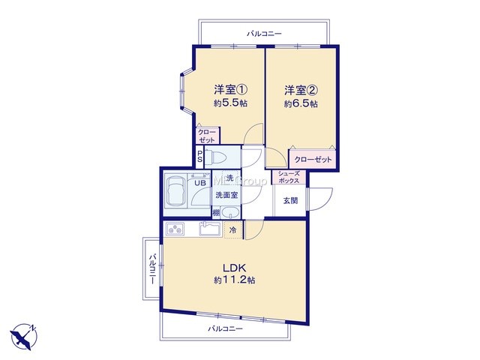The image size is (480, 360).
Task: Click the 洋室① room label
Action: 230,90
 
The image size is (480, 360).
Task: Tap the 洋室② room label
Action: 301,90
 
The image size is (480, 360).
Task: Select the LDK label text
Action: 234,268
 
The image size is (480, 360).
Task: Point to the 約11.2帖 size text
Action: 235,280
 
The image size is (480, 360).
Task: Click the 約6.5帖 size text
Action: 301,103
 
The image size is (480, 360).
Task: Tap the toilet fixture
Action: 215,157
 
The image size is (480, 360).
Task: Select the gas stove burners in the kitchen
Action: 175,229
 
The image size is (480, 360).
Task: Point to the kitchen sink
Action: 210,228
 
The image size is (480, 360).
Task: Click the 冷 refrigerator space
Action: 233,229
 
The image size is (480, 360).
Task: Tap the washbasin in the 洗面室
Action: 230,212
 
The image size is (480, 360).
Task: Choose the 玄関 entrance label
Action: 290,201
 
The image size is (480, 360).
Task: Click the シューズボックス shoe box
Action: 289,178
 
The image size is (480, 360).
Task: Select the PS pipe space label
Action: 199,157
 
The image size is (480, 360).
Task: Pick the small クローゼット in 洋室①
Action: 208,136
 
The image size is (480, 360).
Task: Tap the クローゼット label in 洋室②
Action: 313,160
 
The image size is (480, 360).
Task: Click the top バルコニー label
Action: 264,33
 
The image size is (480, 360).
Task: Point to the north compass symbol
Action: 23,337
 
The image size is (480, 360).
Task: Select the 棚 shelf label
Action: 216,213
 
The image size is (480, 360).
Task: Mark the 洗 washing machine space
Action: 230,178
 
